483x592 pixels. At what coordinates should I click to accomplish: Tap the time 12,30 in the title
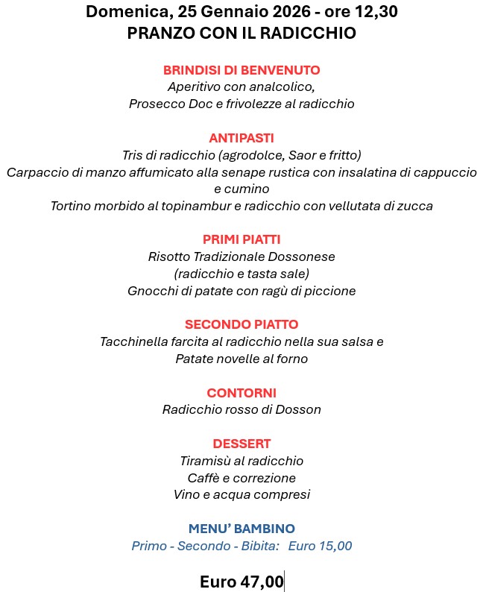tap(373, 12)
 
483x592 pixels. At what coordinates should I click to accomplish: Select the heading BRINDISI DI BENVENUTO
tap(241, 70)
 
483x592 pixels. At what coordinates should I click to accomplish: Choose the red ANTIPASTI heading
tap(241, 138)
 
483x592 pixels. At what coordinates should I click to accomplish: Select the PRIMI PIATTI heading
tap(241, 239)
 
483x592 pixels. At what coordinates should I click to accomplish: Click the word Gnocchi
tap(153, 291)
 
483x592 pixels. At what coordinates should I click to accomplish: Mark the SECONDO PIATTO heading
tap(241, 324)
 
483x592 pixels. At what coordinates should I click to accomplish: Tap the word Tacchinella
tap(136, 342)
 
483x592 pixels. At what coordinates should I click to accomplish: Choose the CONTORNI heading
tap(241, 392)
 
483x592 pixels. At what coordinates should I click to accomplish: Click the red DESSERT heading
tap(241, 444)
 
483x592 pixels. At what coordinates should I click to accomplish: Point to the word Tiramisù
tap(206, 461)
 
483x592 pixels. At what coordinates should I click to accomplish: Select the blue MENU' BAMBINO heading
tap(241, 529)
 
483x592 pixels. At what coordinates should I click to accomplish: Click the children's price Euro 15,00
tap(320, 546)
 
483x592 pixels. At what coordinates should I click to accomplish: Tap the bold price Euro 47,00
tap(241, 582)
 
